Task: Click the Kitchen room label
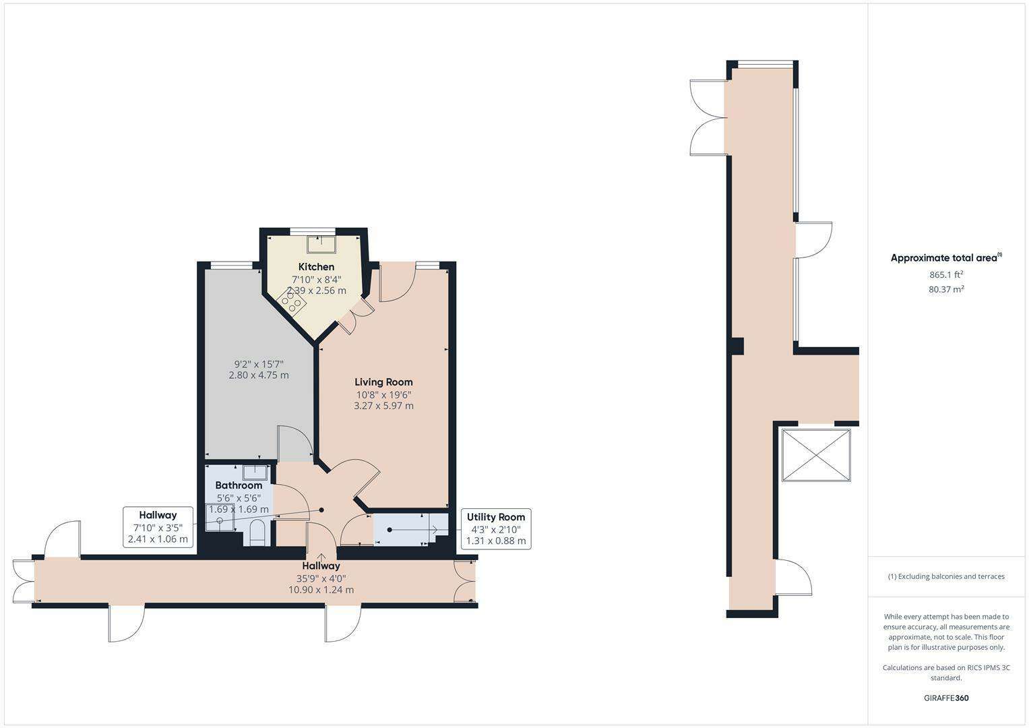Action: [316, 266]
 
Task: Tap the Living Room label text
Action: [383, 382]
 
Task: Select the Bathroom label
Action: [239, 485]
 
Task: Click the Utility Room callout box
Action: [496, 529]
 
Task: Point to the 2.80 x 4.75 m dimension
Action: [259, 375]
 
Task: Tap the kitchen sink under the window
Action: [321, 243]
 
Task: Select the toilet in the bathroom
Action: [257, 533]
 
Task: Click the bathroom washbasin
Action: [255, 472]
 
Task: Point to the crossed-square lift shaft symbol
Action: [816, 455]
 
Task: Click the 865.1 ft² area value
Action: [946, 274]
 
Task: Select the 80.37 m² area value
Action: [946, 289]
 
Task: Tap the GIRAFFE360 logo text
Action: [946, 698]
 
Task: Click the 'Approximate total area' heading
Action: [946, 257]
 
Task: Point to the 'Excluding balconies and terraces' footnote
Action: [946, 576]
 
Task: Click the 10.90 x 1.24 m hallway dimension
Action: [321, 590]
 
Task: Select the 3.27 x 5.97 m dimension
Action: [383, 406]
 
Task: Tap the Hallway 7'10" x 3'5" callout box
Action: [158, 527]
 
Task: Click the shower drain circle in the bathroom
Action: [220, 520]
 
